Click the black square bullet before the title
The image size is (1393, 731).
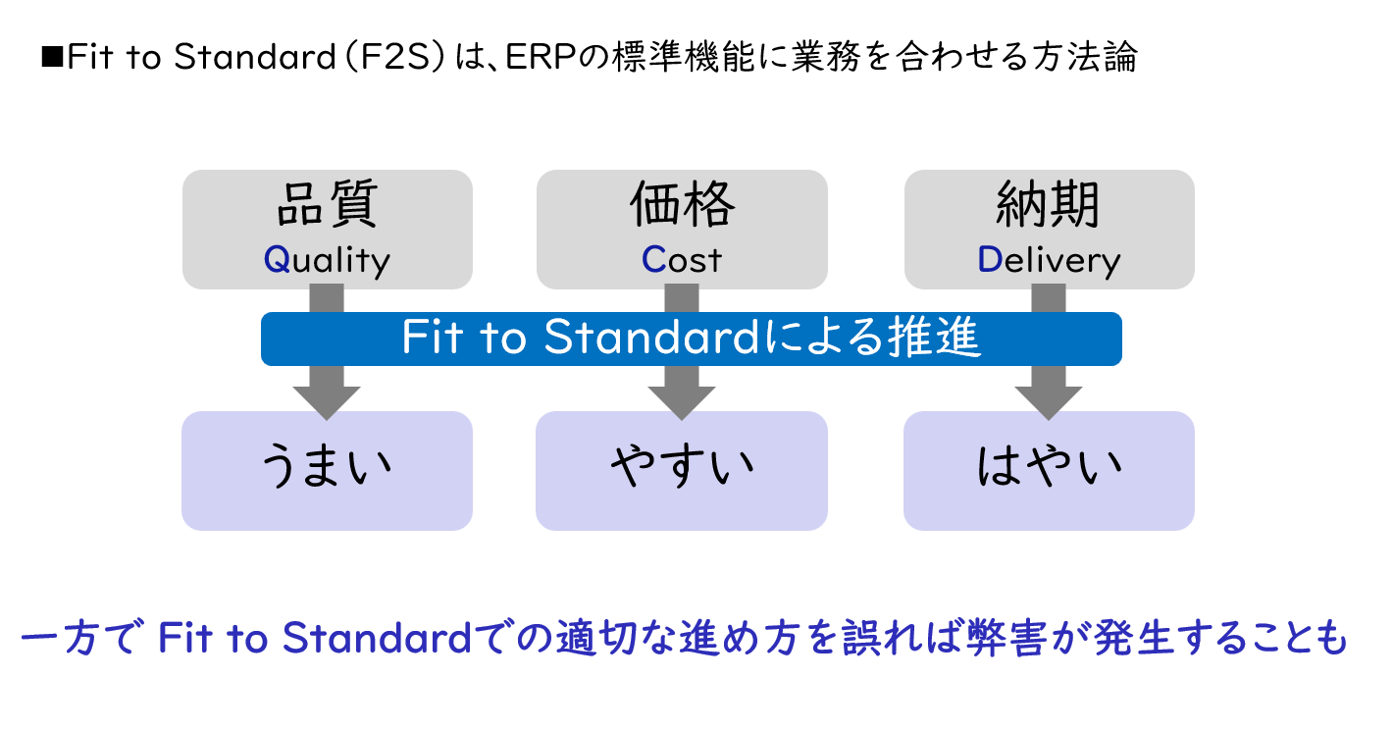(x=52, y=56)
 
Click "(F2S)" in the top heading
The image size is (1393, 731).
(x=395, y=57)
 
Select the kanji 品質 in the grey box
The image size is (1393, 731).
(x=327, y=203)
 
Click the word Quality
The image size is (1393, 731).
(x=327, y=260)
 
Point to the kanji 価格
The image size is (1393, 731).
(x=682, y=203)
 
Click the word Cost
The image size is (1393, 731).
(x=682, y=259)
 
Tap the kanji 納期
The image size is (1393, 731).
(x=1049, y=203)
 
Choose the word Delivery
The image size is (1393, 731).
(x=1049, y=260)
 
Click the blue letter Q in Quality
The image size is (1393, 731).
(x=277, y=259)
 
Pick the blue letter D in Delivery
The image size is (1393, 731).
(x=990, y=259)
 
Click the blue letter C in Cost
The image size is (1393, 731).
(x=653, y=259)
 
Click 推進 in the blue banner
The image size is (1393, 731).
(x=934, y=338)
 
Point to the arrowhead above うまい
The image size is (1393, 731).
(x=327, y=403)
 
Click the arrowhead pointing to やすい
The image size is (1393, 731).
(x=682, y=403)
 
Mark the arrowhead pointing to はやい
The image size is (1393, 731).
(x=1049, y=403)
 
